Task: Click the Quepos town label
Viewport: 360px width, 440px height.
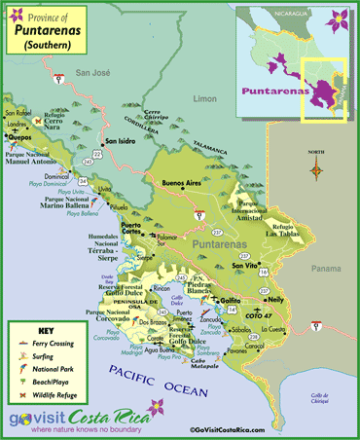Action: point(19,137)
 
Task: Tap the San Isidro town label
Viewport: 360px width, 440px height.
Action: point(122,141)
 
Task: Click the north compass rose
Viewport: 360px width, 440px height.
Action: point(317,171)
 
